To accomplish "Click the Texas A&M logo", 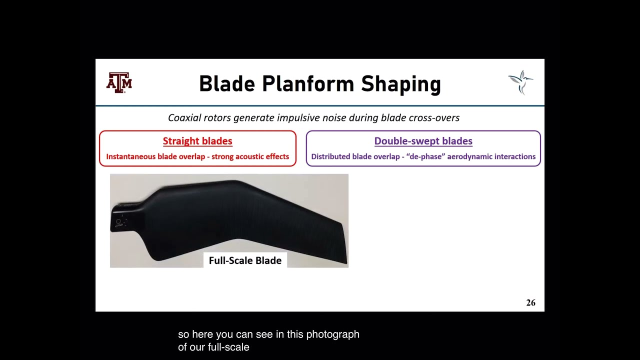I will coord(119,83).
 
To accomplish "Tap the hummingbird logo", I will coord(520,82).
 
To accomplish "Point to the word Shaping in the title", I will coord(401,84).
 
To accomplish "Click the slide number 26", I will coord(530,302).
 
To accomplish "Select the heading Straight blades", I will coord(197,141).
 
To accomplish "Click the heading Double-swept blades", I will coord(423,141).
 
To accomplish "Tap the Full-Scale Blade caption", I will coord(245,260).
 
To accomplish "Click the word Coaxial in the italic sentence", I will coord(185,118).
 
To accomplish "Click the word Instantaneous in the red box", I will coord(130,156).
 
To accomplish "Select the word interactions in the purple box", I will coord(514,156).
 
